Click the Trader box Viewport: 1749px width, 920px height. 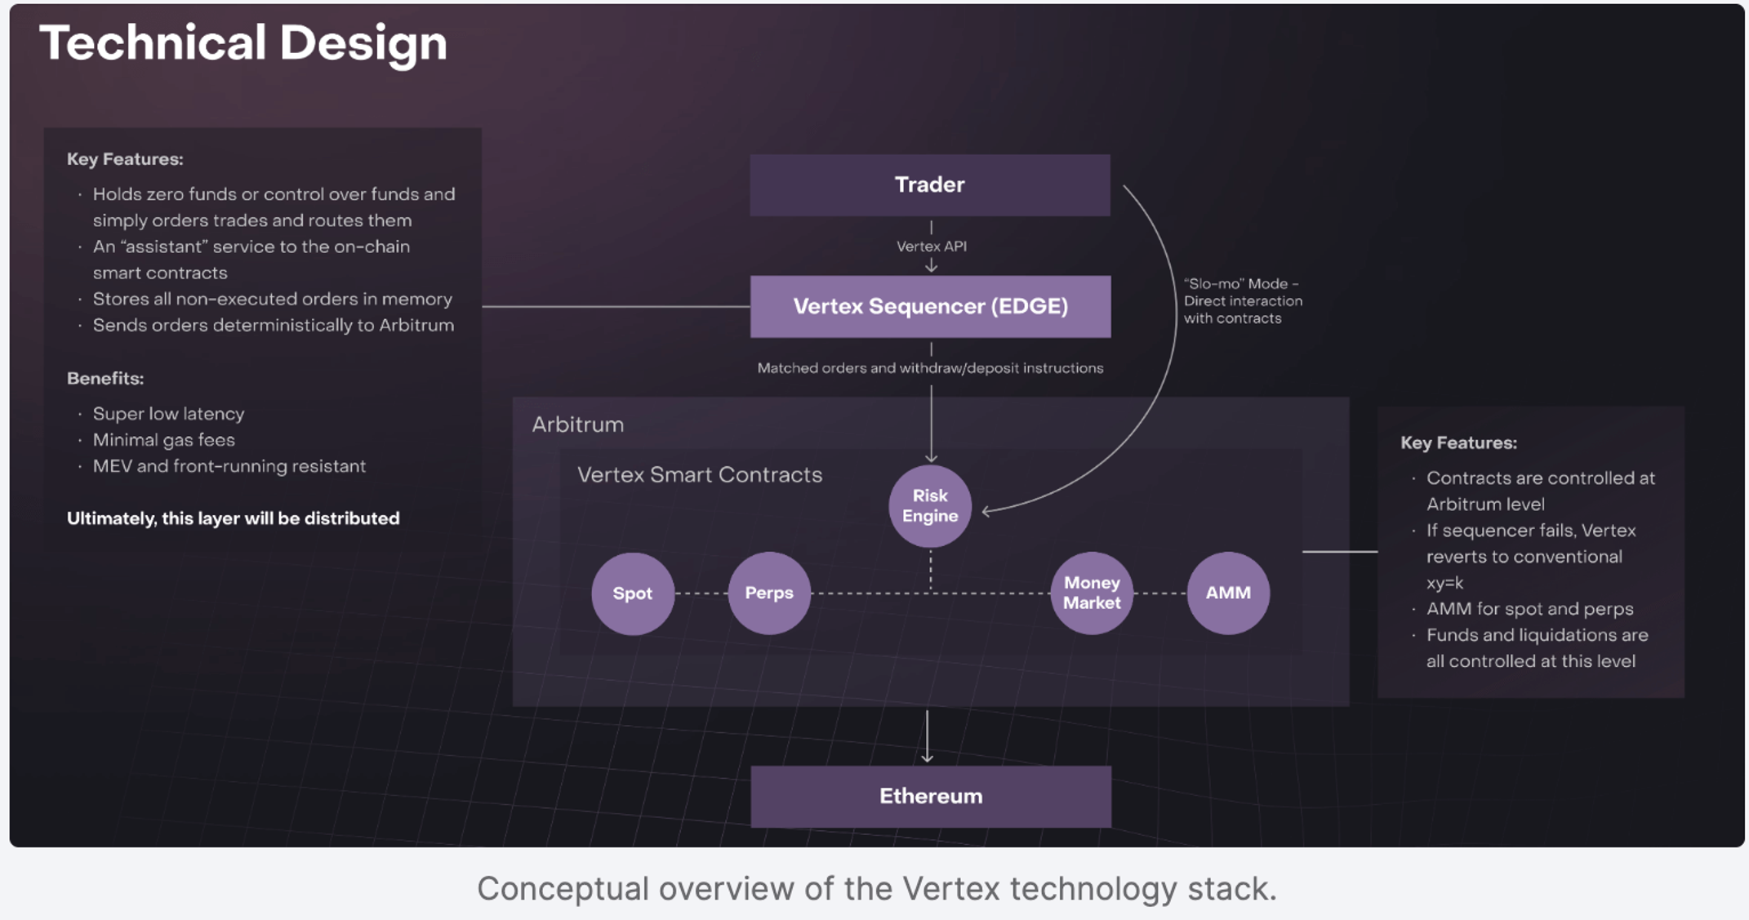click(x=929, y=185)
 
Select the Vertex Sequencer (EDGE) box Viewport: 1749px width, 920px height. click(x=930, y=306)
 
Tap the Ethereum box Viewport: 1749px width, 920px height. click(x=930, y=796)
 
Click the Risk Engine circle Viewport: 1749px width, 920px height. click(x=929, y=506)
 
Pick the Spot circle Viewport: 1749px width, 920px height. click(x=632, y=593)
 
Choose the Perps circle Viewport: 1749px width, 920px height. click(x=768, y=593)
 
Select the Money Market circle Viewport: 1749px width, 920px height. click(x=1091, y=593)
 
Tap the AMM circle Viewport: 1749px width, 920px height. click(x=1227, y=593)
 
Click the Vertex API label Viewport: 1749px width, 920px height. click(x=931, y=246)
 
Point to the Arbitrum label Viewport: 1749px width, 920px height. click(x=577, y=424)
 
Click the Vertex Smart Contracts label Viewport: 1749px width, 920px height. click(x=699, y=474)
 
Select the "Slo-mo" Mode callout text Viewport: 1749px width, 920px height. click(x=1242, y=300)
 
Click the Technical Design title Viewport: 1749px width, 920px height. click(x=243, y=42)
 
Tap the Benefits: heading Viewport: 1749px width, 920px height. click(x=105, y=378)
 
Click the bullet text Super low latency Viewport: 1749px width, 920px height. click(x=168, y=414)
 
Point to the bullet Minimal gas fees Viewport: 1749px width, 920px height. click(x=163, y=440)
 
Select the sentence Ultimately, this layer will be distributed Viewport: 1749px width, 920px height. click(x=233, y=518)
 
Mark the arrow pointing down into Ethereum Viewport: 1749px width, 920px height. click(x=927, y=737)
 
